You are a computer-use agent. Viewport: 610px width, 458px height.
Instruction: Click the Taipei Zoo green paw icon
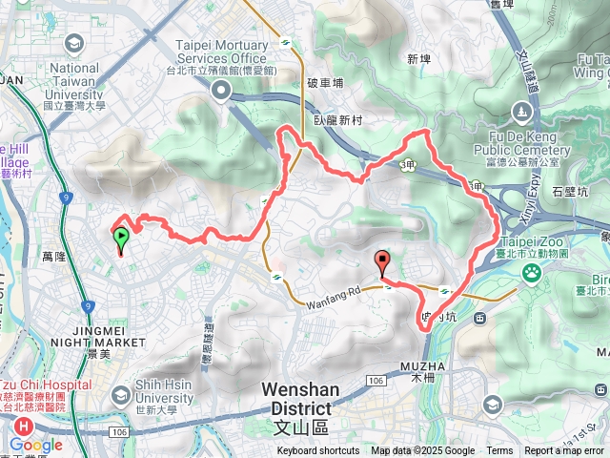[530, 275]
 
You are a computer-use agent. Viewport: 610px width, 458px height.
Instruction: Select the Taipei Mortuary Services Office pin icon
[222, 91]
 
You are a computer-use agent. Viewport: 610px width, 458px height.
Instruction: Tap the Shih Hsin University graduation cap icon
[121, 394]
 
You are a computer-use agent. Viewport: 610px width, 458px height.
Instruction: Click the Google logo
[36, 445]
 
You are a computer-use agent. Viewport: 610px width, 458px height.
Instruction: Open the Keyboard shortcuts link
[318, 451]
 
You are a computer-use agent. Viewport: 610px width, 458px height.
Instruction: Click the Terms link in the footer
[499, 451]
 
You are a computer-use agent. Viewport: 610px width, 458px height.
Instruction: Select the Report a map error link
[564, 451]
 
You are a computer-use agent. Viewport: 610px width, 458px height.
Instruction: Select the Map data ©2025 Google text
[423, 451]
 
